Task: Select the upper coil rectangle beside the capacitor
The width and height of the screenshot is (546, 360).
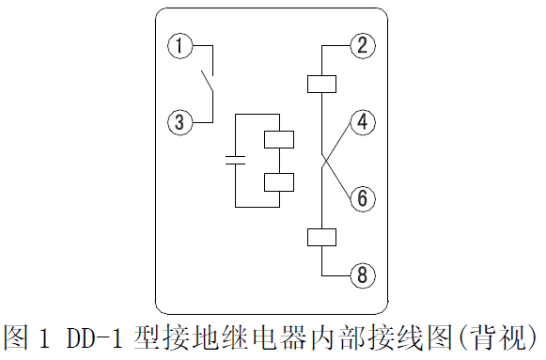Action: [x=279, y=139]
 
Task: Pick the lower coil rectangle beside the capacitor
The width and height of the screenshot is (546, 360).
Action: [x=279, y=181]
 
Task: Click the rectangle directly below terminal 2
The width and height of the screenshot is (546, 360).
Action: [x=321, y=84]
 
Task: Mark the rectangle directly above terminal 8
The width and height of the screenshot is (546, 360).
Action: [x=321, y=237]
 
